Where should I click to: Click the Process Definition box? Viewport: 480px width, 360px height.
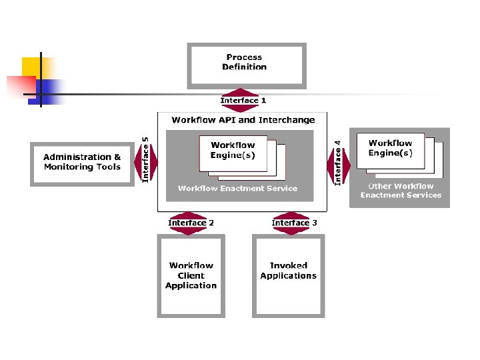[x=246, y=65]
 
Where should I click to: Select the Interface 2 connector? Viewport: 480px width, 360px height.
[x=191, y=223]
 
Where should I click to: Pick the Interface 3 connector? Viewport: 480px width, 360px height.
[x=293, y=223]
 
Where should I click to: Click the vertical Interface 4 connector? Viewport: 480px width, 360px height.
[x=338, y=163]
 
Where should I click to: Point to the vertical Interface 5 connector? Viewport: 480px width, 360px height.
[x=147, y=161]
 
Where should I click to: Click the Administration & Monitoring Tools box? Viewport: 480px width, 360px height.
[x=82, y=163]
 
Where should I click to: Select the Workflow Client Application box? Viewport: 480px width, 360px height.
[x=191, y=275]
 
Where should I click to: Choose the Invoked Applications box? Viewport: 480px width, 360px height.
[x=288, y=275]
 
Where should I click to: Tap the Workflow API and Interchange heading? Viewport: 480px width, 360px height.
[x=243, y=120]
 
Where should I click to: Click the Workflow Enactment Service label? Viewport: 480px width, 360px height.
[x=237, y=189]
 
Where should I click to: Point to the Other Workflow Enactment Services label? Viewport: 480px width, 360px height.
[x=401, y=191]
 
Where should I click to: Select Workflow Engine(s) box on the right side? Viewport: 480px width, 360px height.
[x=390, y=148]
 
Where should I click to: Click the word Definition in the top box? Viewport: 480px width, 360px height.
[x=244, y=67]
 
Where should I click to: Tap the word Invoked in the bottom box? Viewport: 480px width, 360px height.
[x=288, y=265]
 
